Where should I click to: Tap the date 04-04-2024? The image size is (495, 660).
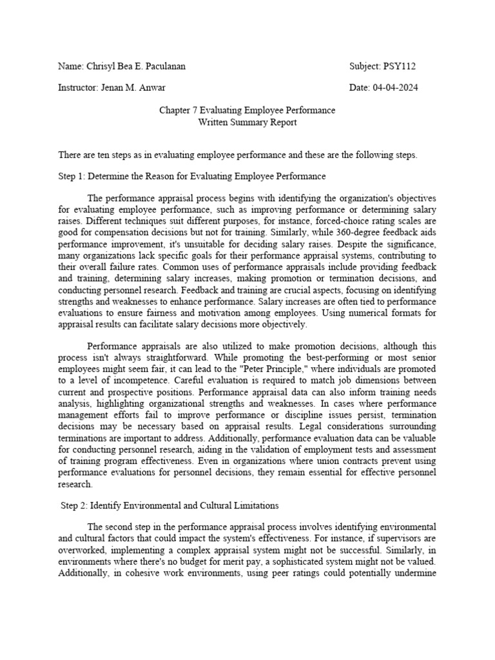[x=394, y=88]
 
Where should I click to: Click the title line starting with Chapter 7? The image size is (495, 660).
[x=247, y=110]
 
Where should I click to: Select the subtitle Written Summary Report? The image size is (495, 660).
[x=247, y=122]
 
